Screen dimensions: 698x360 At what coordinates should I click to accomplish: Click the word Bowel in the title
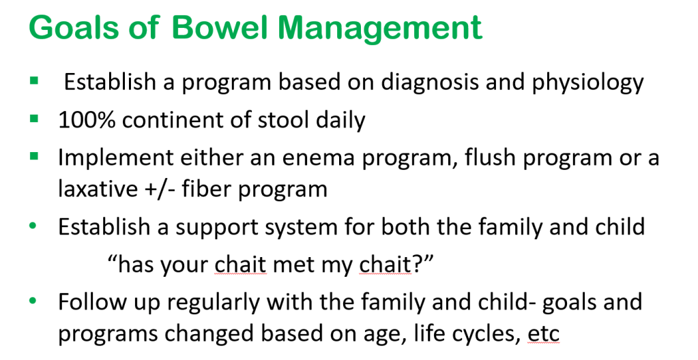click(x=219, y=27)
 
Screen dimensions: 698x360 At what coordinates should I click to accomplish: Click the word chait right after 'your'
click(x=240, y=265)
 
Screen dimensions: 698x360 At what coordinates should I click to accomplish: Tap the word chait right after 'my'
click(x=385, y=265)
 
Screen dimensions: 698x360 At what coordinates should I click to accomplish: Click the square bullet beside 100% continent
click(x=34, y=119)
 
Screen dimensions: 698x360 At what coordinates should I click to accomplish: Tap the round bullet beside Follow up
click(x=33, y=301)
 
